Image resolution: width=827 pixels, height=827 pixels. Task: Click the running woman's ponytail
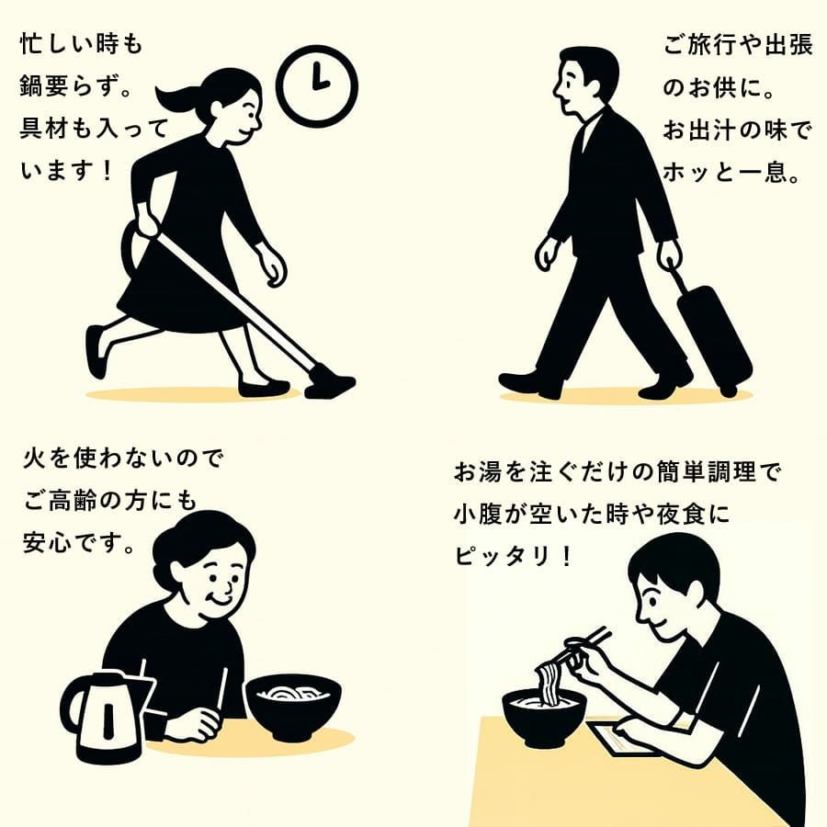click(181, 96)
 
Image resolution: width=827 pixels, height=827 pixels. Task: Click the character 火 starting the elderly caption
click(35, 458)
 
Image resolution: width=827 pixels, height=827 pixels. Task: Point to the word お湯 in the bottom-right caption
click(478, 471)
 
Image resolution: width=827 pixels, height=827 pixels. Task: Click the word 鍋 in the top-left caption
click(31, 86)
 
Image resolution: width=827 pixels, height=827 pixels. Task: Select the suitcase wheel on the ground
click(729, 391)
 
